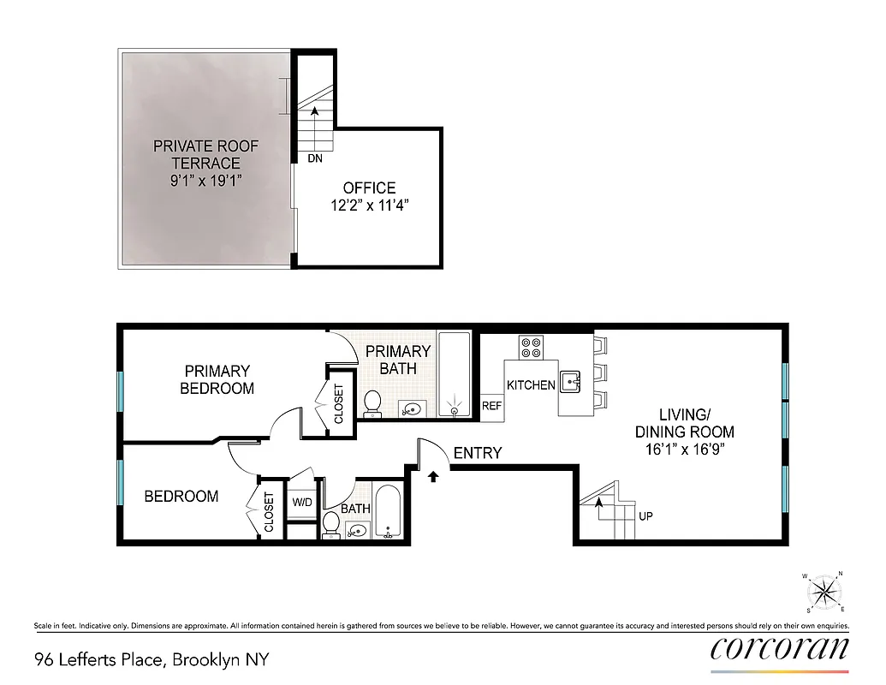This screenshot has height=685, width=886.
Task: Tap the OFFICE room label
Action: [369, 188]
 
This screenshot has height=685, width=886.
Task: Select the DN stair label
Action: [316, 158]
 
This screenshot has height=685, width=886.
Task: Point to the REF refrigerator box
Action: [491, 407]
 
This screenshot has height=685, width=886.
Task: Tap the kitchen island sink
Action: [572, 379]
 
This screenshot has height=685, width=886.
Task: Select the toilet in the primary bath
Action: [372, 401]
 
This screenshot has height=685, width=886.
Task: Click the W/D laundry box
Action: [302, 503]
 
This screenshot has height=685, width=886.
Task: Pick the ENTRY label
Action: [478, 453]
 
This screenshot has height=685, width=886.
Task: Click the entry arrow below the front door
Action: [433, 475]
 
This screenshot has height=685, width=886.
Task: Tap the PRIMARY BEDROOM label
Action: [217, 379]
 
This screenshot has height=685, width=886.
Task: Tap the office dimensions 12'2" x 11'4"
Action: [369, 205]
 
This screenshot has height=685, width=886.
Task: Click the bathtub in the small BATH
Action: [388, 513]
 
